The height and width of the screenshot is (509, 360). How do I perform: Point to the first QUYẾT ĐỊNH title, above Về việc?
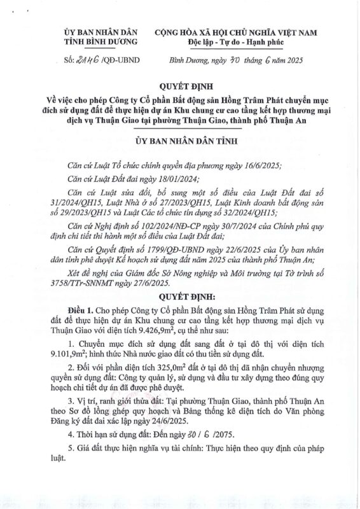pyautogui.click(x=180, y=84)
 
